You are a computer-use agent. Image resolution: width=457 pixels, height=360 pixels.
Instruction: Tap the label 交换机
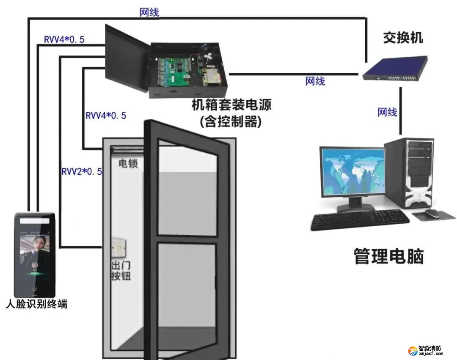(x=402, y=38)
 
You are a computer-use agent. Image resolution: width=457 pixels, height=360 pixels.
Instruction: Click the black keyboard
(x=360, y=220)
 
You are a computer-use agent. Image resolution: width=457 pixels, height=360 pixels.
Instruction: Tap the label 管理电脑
(x=388, y=256)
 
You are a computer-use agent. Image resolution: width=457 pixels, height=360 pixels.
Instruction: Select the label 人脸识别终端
(x=36, y=304)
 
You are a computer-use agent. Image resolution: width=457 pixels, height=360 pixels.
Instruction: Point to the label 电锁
(x=128, y=164)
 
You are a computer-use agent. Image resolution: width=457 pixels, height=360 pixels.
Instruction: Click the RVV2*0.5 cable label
(x=82, y=171)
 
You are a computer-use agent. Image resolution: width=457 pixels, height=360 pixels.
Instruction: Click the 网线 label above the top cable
(x=149, y=12)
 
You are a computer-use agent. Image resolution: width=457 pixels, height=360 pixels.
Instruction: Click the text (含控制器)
(x=231, y=122)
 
